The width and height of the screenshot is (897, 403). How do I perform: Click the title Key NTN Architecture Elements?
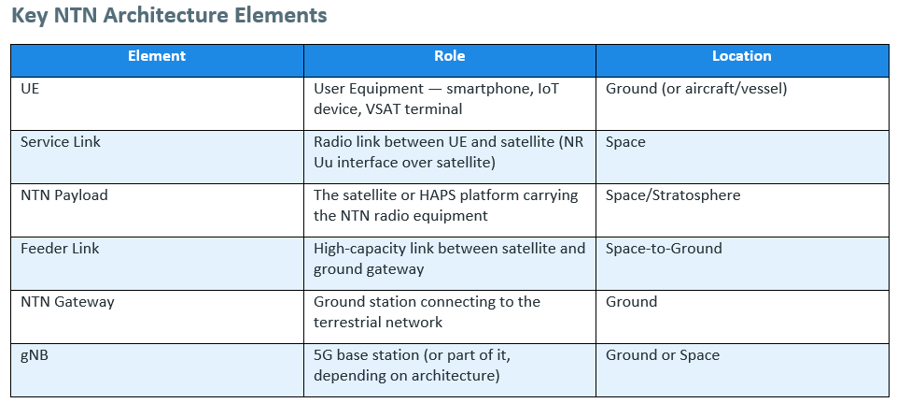click(169, 16)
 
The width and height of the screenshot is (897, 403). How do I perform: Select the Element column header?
click(157, 55)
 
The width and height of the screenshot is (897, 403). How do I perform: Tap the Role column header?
click(450, 55)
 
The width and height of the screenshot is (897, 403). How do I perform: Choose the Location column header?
click(742, 55)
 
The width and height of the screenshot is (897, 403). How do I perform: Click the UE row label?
click(30, 89)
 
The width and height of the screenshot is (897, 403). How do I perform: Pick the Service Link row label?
click(61, 141)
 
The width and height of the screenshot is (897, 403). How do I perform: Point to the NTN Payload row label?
click(64, 195)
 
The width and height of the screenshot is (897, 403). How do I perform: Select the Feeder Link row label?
click(60, 248)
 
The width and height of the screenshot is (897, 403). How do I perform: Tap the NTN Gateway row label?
click(67, 302)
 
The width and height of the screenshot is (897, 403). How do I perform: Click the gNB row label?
click(35, 355)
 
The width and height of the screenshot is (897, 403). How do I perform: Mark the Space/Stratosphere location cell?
click(673, 195)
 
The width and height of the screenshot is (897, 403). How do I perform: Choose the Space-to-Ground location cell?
click(664, 249)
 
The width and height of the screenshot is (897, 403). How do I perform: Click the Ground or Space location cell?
click(663, 355)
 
